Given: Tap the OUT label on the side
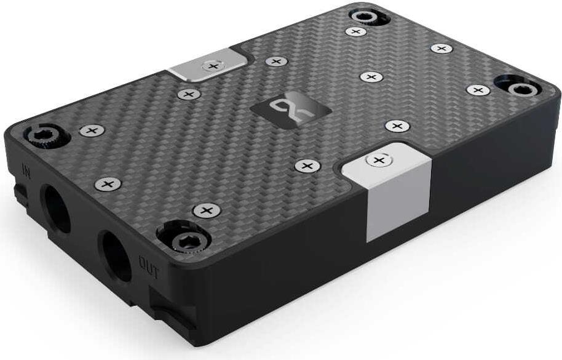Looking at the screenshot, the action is (x=148, y=268).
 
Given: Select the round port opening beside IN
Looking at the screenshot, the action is (x=57, y=209).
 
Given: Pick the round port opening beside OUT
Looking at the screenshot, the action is (x=116, y=256).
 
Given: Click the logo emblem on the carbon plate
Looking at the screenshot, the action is (x=290, y=110).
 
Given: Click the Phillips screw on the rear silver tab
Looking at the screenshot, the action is (x=213, y=66).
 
